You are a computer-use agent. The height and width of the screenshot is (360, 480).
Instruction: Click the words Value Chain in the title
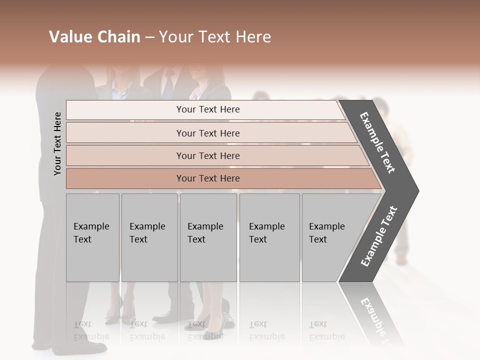pyautogui.click(x=94, y=37)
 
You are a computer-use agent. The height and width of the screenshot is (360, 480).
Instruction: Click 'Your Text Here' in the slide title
pyautogui.click(x=215, y=37)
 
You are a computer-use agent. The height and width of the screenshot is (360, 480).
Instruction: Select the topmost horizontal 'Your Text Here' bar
pyautogui.click(x=207, y=109)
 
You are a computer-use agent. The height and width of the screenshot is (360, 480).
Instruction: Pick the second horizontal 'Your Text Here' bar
pyautogui.click(x=207, y=133)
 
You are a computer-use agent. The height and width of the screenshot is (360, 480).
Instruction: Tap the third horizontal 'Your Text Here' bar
pyautogui.click(x=207, y=155)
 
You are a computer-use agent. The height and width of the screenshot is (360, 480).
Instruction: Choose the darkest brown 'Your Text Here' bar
pyautogui.click(x=207, y=178)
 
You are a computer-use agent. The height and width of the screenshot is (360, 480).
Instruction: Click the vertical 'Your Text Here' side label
pyautogui.click(x=57, y=143)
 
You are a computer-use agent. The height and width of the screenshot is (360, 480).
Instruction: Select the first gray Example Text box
pyautogui.click(x=92, y=237)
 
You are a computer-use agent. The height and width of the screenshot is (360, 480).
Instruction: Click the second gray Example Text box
pyautogui.click(x=149, y=237)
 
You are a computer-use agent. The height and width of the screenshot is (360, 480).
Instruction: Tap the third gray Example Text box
pyautogui.click(x=208, y=237)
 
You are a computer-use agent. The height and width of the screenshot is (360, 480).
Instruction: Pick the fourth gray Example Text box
pyautogui.click(x=269, y=237)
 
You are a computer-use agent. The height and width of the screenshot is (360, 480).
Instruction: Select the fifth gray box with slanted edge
pyautogui.click(x=330, y=237)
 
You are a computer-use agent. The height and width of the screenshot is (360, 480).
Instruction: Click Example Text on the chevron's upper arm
pyautogui.click(x=377, y=142)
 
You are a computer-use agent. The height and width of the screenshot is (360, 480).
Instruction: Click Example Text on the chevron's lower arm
pyautogui.click(x=379, y=236)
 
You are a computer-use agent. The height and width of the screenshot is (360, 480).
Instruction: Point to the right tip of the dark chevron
pyautogui.click(x=417, y=190)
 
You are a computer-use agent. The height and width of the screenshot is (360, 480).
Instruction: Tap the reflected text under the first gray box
pyautogui.click(x=91, y=330)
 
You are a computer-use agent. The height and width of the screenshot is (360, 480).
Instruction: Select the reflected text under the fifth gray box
pyautogui.click(x=326, y=330)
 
